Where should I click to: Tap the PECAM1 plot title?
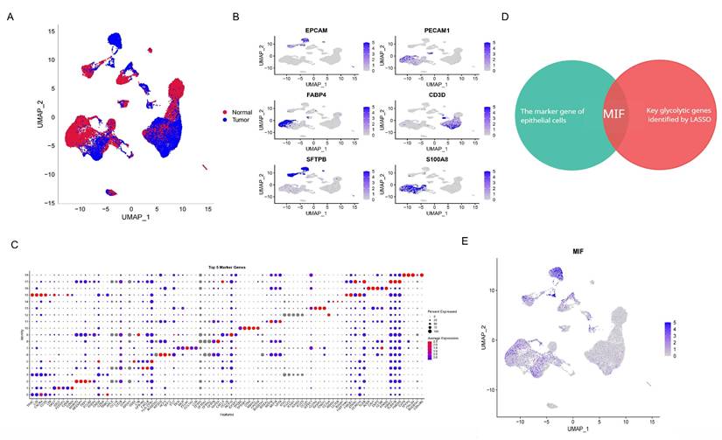[x=433, y=33]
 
